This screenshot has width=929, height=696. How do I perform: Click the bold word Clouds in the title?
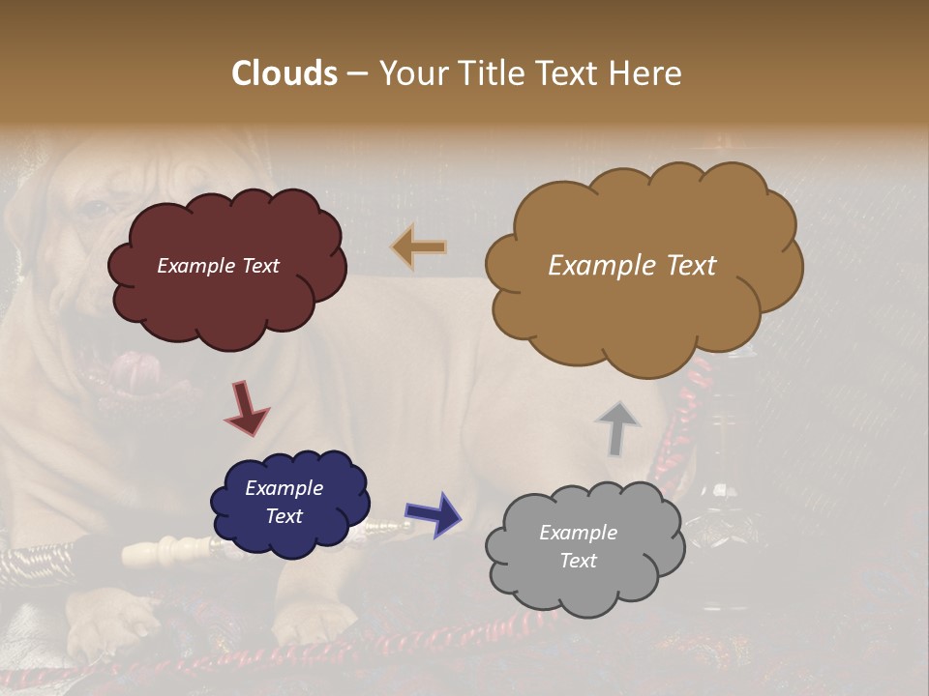(x=285, y=73)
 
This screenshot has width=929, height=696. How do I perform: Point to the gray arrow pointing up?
(x=617, y=428)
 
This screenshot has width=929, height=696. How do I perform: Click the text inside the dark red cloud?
(x=218, y=266)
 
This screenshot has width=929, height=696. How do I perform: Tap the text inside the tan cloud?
(x=632, y=266)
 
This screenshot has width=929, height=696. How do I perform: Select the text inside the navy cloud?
(x=285, y=502)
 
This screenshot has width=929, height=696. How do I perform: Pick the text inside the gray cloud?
(x=578, y=546)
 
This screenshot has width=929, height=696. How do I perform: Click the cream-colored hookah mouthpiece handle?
(x=174, y=552)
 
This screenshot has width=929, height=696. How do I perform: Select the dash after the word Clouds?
(x=356, y=73)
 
